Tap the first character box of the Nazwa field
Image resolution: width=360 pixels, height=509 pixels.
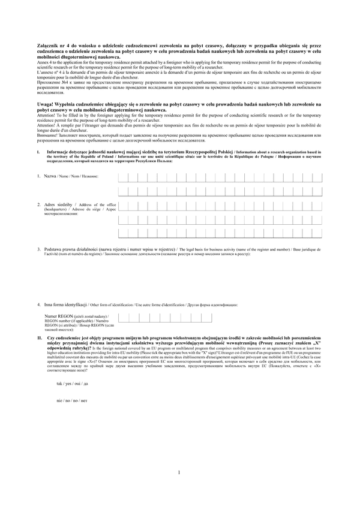pos(123,177)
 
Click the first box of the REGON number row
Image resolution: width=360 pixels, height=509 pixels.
pos(123,318)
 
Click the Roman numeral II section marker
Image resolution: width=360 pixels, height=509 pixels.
pos(39,338)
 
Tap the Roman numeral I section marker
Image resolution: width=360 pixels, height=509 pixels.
pos(38,152)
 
